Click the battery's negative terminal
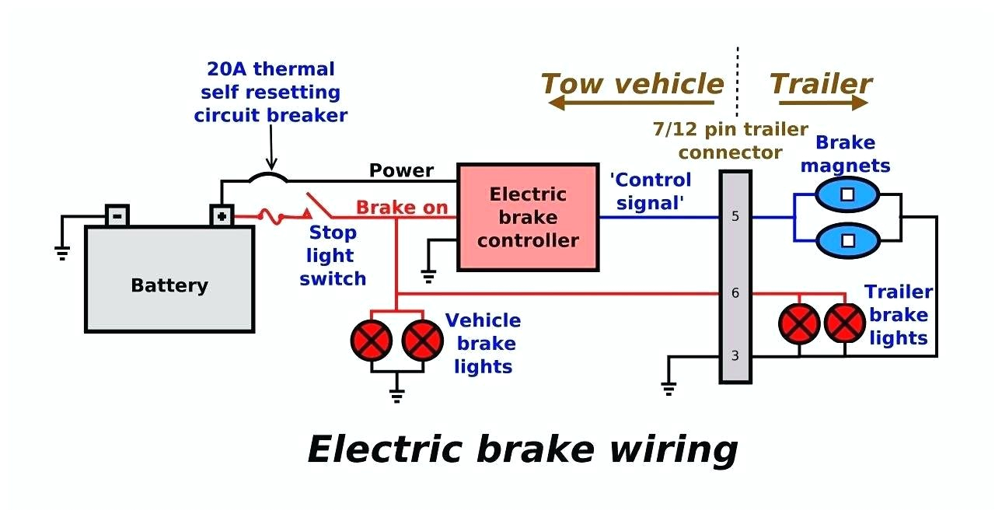pos(117,215)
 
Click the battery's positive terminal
pos(222,215)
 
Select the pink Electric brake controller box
pos(527,217)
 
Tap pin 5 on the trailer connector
pos(735,217)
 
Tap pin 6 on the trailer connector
pos(735,294)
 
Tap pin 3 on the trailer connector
pos(735,356)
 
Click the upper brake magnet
pos(847,194)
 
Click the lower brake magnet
pos(847,240)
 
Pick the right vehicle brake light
pos(422,339)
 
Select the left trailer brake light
pos(799,323)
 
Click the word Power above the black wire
pos(401,170)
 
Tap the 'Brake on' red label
pos(402,208)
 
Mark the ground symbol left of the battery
pos(61,251)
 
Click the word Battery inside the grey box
pos(169,285)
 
